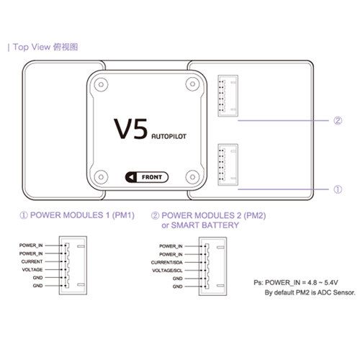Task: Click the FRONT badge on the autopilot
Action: (x=147, y=177)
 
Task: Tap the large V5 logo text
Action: (x=130, y=129)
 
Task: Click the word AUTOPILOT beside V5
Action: (x=169, y=136)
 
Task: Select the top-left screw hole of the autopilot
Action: (x=101, y=84)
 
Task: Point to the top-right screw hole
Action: (x=192, y=84)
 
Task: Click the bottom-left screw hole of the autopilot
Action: (x=101, y=177)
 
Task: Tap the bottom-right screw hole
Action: (x=192, y=177)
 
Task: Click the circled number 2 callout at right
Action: (x=338, y=120)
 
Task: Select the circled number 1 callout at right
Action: (x=338, y=189)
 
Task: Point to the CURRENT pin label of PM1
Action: (x=32, y=261)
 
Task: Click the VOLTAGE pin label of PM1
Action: (x=32, y=270)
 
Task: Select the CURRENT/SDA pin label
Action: (x=167, y=263)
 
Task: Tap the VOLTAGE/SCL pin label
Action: (x=167, y=271)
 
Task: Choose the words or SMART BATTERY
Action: (x=200, y=225)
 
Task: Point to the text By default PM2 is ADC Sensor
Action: (x=310, y=292)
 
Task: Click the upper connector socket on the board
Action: (x=228, y=96)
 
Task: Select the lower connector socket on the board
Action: (x=228, y=165)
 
